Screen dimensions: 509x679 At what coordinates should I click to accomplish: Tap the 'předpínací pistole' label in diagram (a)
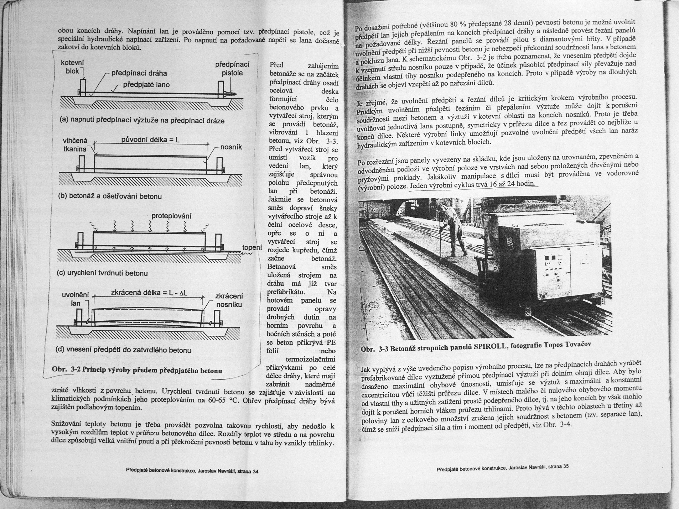pyautogui.click(x=232, y=69)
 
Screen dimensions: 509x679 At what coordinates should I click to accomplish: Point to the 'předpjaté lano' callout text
pyautogui.click(x=146, y=85)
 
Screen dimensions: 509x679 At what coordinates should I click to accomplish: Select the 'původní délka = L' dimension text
pyautogui.click(x=150, y=140)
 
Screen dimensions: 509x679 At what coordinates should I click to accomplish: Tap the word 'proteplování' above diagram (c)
pyautogui.click(x=171, y=216)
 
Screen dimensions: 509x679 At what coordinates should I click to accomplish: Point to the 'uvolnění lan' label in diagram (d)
pyautogui.click(x=75, y=299)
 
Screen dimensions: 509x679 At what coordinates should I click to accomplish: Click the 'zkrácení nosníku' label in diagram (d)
pyautogui.click(x=229, y=300)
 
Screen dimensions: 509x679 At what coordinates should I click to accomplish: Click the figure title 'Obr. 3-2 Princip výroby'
pyautogui.click(x=137, y=370)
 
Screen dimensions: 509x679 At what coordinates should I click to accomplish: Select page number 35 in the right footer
pyautogui.click(x=565, y=466)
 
